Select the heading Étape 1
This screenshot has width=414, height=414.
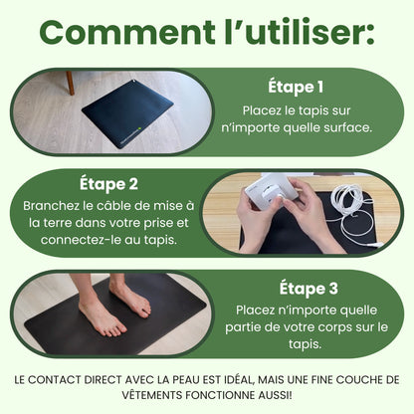tap(296, 87)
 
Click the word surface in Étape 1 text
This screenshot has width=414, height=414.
tap(348, 126)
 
